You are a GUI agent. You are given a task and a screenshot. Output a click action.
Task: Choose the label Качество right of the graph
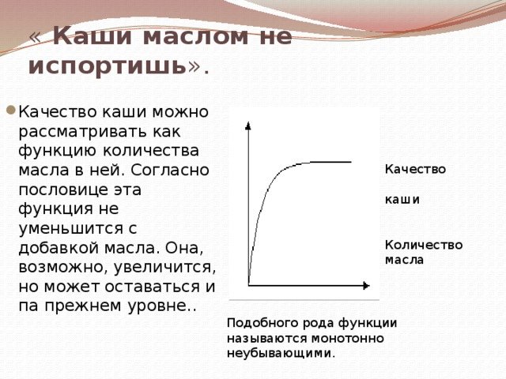[x=415, y=169]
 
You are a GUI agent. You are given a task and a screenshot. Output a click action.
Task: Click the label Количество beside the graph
[x=424, y=245]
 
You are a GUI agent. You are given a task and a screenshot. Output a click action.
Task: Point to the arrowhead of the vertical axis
[x=249, y=125]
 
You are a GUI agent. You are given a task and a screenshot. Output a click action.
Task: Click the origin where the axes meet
[x=249, y=284]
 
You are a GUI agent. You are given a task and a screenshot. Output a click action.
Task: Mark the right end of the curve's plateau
[x=350, y=162]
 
